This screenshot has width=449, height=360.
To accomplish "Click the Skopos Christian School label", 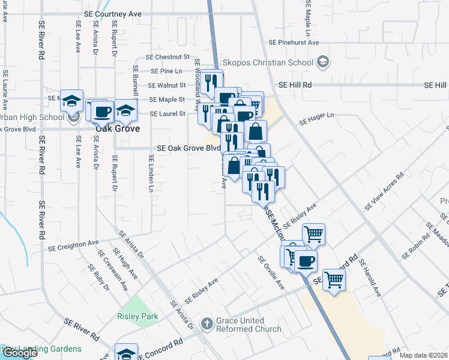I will pyautogui.click(x=268, y=62).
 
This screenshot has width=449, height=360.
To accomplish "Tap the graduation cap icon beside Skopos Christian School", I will pyautogui.click(x=323, y=62).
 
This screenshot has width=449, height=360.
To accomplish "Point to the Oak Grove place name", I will pyautogui.click(x=118, y=128).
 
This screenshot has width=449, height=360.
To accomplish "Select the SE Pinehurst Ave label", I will pyautogui.click(x=294, y=43).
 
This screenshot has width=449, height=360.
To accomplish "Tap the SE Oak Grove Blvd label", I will pyautogui.click(x=188, y=148).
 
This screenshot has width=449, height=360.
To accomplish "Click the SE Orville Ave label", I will pyautogui.click(x=271, y=272).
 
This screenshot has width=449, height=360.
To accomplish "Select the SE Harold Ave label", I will pyautogui.click(x=370, y=277).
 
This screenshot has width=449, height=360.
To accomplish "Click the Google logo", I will pyautogui.click(x=20, y=353).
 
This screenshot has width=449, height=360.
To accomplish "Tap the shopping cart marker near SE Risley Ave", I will pyautogui.click(x=313, y=234).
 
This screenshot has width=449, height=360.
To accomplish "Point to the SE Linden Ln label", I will pyautogui.click(x=151, y=171).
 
